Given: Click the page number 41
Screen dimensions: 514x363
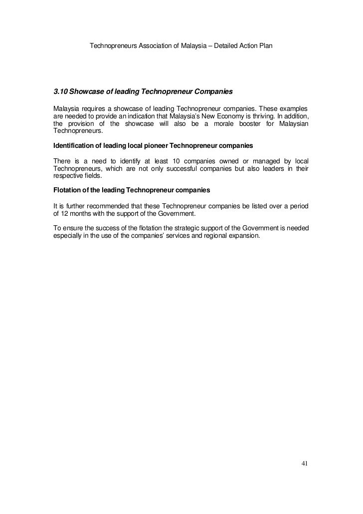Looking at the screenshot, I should [305, 464].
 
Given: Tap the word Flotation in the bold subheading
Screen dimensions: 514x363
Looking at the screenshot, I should [67, 190].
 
